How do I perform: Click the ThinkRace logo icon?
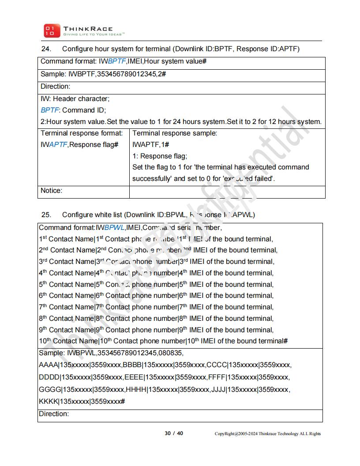coord(49,30)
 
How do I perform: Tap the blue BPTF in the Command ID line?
coord(49,110)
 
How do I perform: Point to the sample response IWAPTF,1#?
coord(151,144)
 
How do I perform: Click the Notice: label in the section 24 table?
coord(52,191)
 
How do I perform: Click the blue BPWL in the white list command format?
coord(114,228)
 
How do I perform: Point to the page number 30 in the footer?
coord(168,433)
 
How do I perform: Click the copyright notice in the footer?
coord(268,434)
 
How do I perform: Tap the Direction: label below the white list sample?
coord(54,414)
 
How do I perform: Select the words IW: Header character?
coord(75,98)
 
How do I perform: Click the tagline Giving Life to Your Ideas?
coord(94,34)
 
